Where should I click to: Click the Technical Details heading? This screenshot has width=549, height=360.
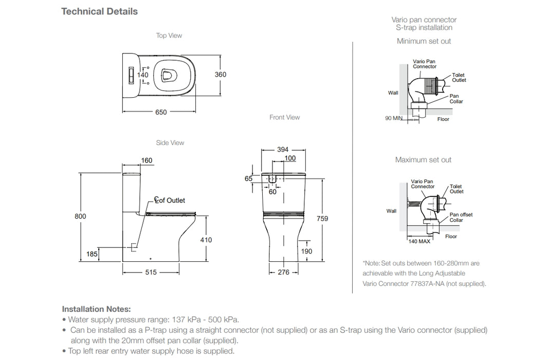pyautogui.click(x=99, y=11)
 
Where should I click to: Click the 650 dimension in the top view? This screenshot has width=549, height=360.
pyautogui.click(x=161, y=113)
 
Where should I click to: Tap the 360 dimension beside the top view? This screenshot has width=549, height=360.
pyautogui.click(x=221, y=75)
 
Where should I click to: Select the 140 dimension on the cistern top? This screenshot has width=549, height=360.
pyautogui.click(x=142, y=75)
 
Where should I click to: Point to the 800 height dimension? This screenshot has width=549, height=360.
pyautogui.click(x=80, y=217)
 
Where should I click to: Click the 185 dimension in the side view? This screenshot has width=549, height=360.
pyautogui.click(x=91, y=254)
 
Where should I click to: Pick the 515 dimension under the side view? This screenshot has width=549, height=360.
pyautogui.click(x=151, y=273)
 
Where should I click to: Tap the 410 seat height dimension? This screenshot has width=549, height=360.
pyautogui.click(x=206, y=240)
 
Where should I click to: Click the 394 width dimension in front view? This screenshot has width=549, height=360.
pyautogui.click(x=283, y=150)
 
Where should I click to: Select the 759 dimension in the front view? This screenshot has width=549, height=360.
pyautogui.click(x=322, y=219)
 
